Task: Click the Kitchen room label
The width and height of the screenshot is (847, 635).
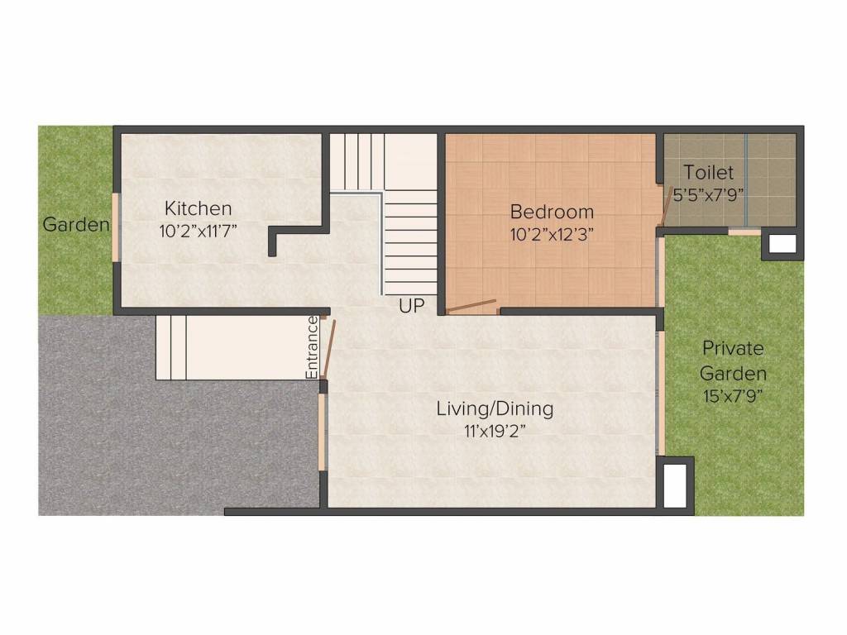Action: pyautogui.click(x=198, y=208)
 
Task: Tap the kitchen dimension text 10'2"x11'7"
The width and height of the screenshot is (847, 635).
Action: pyautogui.click(x=199, y=231)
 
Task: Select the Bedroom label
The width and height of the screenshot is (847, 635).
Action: pyautogui.click(x=552, y=212)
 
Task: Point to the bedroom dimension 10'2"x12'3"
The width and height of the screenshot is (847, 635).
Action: pyautogui.click(x=552, y=233)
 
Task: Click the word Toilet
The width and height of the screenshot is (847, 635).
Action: pyautogui.click(x=708, y=173)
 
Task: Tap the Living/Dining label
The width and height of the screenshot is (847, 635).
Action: pyautogui.click(x=495, y=408)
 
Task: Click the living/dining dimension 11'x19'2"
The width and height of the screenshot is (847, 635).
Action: pyautogui.click(x=494, y=430)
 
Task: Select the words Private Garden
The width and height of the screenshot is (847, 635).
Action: pyautogui.click(x=734, y=360)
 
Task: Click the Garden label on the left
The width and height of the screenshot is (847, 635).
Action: pyautogui.click(x=76, y=225)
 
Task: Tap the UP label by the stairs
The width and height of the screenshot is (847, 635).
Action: pyautogui.click(x=411, y=307)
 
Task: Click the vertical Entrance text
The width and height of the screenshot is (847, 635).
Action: pyautogui.click(x=312, y=348)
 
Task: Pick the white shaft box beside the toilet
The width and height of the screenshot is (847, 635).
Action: pyautogui.click(x=782, y=244)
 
